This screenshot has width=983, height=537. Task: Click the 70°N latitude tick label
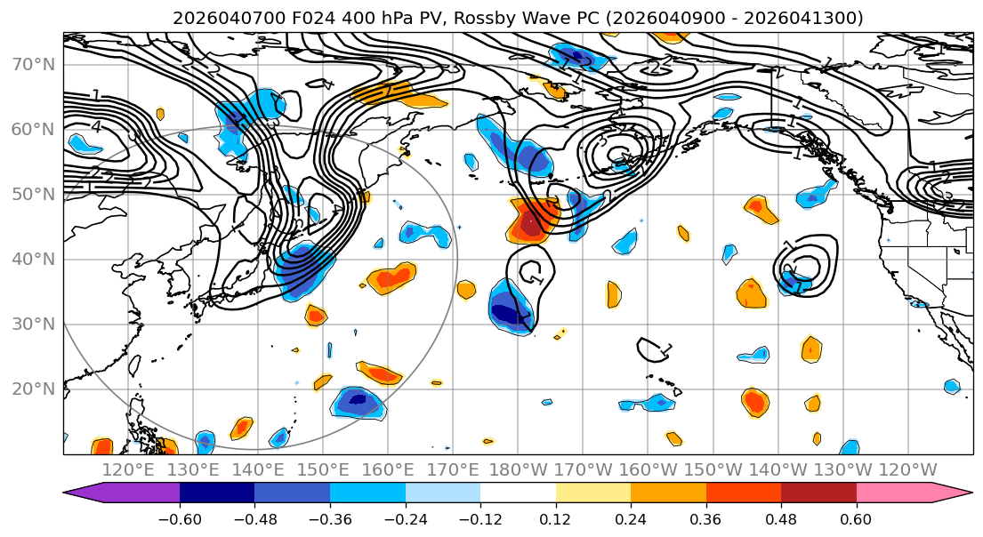pos(32,64)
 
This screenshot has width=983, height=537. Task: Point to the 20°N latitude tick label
pos(32,389)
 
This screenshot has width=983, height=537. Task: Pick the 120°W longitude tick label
pos(908,469)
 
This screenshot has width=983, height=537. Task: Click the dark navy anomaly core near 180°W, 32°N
pos(511,313)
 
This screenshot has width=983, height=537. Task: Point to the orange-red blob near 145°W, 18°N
pos(754,403)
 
